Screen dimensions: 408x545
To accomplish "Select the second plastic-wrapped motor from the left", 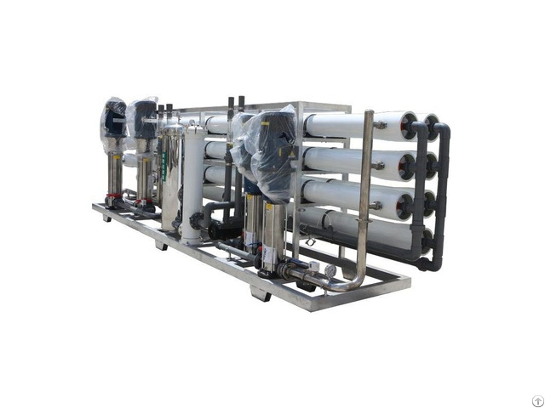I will click(142, 120).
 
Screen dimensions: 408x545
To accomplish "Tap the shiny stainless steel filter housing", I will click(171, 174).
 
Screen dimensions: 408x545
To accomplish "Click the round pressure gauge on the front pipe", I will click(329, 269).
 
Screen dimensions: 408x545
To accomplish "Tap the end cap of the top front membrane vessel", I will click(408, 127).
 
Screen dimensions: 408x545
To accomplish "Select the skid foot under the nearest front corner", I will click(261, 294).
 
